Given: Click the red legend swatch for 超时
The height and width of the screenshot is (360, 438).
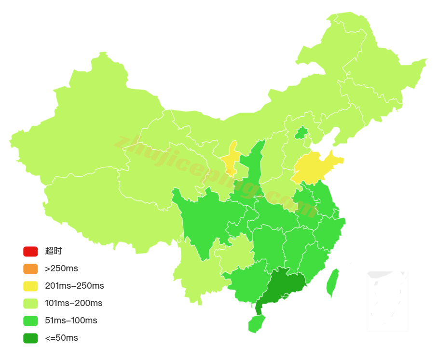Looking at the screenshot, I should coord(30,251).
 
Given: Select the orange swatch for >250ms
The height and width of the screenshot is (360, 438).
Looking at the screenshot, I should coord(30,268).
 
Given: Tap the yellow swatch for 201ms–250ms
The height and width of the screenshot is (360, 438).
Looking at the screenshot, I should coord(30,286).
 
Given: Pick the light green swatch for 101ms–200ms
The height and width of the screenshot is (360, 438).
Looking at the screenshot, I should coord(30,303).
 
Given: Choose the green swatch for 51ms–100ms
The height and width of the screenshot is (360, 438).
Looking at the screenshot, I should coord(30,320).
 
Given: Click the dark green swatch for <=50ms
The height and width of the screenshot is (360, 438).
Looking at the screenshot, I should coord(30,338).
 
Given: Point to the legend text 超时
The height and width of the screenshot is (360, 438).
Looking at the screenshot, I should coord(54,251).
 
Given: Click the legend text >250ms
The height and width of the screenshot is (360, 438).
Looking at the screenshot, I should coord(61,268).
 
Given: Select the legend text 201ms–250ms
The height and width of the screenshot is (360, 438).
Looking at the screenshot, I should coord(74,286).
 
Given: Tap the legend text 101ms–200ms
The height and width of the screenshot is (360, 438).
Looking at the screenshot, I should coord(73,303).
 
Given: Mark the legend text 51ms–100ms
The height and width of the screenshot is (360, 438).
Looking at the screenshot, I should coord(71,320).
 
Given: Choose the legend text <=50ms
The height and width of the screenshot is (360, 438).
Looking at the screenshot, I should coord(61,338).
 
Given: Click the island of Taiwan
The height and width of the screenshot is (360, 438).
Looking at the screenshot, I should coord(332,283).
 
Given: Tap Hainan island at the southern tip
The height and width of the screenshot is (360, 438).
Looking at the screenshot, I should coord(257,323).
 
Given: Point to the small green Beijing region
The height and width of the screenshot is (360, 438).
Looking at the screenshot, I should coord(301,133).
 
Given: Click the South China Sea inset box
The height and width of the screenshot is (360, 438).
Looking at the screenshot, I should coord(387,301).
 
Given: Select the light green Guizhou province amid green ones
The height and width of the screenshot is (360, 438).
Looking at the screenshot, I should coord(236,253).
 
